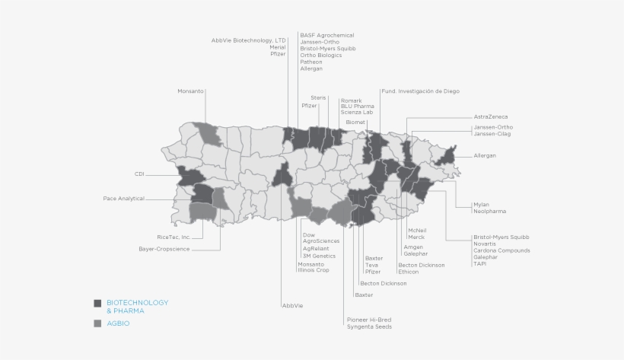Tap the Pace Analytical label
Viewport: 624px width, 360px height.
pyautogui.click(x=124, y=199)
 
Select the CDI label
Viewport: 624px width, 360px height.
pyautogui.click(x=139, y=174)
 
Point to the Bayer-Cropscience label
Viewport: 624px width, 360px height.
pyautogui.click(x=164, y=249)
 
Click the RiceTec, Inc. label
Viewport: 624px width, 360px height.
pyautogui.click(x=174, y=237)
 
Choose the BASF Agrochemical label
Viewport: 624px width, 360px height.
pyautogui.click(x=326, y=35)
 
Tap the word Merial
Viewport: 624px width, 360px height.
pyautogui.click(x=278, y=47)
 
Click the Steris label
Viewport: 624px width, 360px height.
pyautogui.click(x=319, y=97)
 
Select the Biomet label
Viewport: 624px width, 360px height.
pyautogui.click(x=355, y=122)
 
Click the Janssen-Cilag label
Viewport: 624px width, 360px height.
pyautogui.click(x=492, y=134)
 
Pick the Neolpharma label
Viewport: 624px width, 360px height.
pyautogui.click(x=489, y=211)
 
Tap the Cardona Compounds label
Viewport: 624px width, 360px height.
pyautogui.click(x=501, y=250)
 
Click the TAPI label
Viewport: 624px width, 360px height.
pyautogui.click(x=479, y=264)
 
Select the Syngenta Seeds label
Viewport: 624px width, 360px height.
pyautogui.click(x=369, y=327)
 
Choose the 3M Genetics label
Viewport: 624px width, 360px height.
pyautogui.click(x=320, y=256)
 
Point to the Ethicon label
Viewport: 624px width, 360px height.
pyautogui.click(x=409, y=272)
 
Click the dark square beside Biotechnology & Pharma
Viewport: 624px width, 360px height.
pyautogui.click(x=97, y=303)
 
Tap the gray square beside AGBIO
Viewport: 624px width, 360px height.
pyautogui.click(x=97, y=324)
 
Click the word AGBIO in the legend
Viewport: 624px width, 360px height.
pyautogui.click(x=118, y=324)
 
